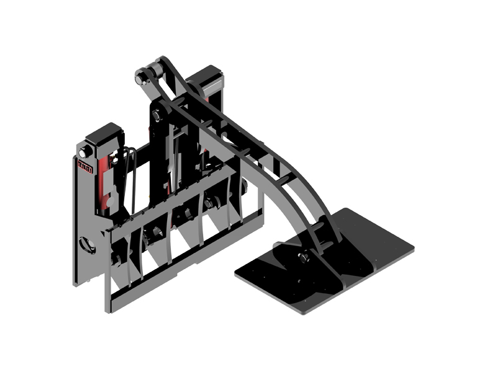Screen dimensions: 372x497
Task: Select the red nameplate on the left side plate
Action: click(85, 166)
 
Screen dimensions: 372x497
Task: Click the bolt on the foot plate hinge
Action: click(304, 257)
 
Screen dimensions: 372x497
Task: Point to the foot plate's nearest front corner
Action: click(304, 311)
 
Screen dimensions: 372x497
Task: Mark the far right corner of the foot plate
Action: click(411, 249)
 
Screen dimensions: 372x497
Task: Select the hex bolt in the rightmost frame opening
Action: click(209, 203)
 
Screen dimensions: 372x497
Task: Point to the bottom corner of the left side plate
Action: click(76, 282)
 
